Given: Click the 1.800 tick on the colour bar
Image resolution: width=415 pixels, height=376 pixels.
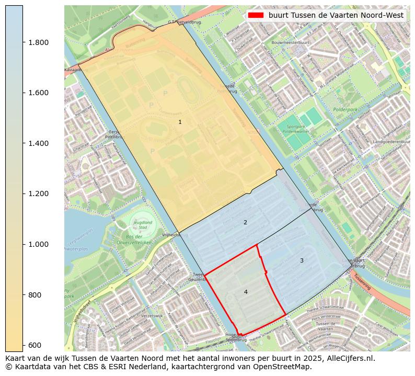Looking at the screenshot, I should pos(23,42).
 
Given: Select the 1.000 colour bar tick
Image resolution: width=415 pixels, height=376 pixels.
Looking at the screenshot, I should pos(23,244).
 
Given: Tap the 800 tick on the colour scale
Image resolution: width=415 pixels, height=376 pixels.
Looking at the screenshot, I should pos(23,295).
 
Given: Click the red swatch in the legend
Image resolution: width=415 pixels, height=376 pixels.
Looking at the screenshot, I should pos(256,15).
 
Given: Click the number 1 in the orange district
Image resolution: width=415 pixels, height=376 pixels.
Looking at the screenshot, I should pos(180,122).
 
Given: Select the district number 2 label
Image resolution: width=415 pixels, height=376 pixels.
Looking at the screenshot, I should pos(245,222).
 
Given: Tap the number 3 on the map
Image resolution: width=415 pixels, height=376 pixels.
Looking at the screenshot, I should pos(302,260).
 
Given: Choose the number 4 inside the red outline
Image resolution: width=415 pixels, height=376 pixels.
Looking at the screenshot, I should pos(246,292).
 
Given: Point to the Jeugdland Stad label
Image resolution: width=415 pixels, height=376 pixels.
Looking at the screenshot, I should pos(142,224).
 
